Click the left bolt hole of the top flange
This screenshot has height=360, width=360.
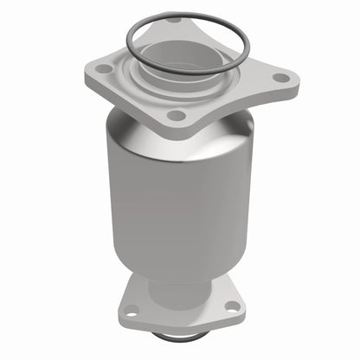tap(104, 68)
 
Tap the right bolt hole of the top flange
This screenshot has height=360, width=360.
tap(280, 78)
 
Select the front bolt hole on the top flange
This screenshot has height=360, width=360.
tap(176, 115)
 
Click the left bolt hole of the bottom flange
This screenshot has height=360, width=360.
tap(132, 311)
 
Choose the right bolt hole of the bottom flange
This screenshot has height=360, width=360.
tap(230, 304)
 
